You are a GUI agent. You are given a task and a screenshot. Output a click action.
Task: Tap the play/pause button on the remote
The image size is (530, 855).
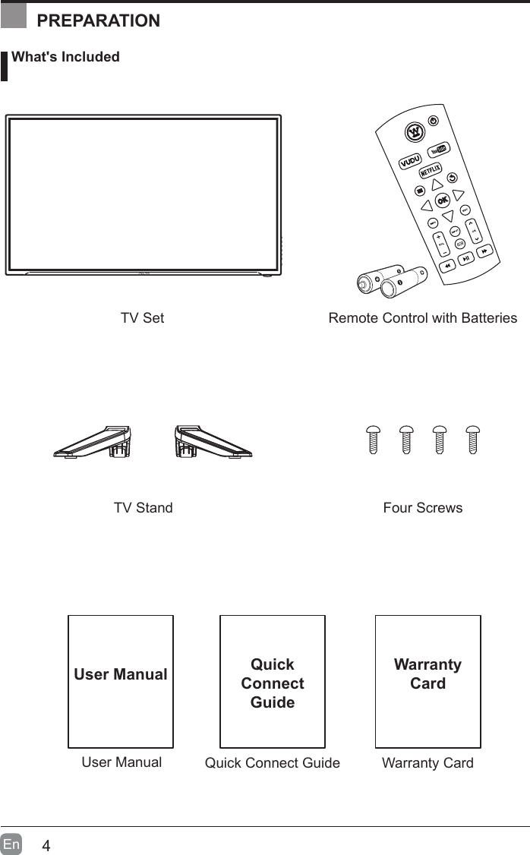(466, 258)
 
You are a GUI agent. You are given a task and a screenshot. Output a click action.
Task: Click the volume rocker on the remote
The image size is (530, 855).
(441, 245)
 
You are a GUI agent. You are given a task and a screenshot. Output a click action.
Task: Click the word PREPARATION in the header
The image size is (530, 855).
(99, 21)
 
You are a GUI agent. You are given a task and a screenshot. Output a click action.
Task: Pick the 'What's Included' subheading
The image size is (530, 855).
(65, 57)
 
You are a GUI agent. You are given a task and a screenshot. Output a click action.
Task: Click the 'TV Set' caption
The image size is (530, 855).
(142, 318)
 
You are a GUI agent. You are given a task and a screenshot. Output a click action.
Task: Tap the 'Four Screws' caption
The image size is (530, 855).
(423, 508)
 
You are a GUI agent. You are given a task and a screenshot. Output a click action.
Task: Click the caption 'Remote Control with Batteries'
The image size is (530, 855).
(422, 318)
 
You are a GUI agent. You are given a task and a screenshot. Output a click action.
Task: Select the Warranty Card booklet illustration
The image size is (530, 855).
(427, 681)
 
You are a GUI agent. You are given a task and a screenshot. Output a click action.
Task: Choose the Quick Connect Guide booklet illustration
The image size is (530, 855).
(272, 681)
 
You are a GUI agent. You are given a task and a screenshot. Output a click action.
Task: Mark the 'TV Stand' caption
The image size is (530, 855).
(143, 508)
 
